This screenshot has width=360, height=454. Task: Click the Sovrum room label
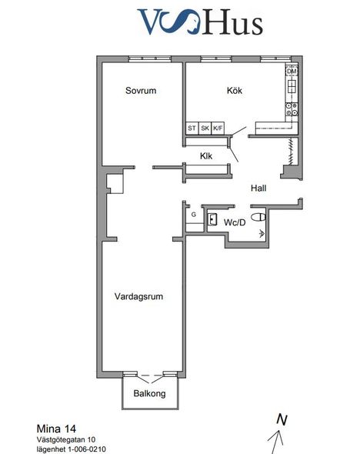click(141, 90)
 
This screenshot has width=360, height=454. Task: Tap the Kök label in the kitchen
click(235, 90)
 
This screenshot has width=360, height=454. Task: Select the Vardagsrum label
click(138, 296)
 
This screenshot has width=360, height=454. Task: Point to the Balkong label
click(149, 393)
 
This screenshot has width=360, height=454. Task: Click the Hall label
click(258, 189)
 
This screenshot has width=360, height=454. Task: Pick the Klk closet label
click(206, 156)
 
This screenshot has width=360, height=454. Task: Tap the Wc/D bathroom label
click(235, 222)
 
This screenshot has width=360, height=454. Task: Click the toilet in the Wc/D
click(258, 217)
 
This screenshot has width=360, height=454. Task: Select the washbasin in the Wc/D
click(212, 219)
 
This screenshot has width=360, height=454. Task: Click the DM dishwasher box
click(292, 72)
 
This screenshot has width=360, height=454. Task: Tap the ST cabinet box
click(192, 128)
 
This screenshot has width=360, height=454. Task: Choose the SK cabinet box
click(205, 128)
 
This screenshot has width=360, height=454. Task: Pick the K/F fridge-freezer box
click(218, 128)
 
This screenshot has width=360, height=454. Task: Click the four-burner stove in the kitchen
click(292, 109)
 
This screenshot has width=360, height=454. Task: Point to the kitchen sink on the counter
click(292, 86)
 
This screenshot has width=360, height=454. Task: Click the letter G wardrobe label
click(194, 215)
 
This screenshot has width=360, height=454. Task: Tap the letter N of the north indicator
click(282, 419)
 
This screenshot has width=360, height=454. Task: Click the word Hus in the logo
click(233, 22)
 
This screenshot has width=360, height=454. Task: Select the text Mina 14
click(56, 429)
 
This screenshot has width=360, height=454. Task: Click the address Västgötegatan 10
click(66, 439)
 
